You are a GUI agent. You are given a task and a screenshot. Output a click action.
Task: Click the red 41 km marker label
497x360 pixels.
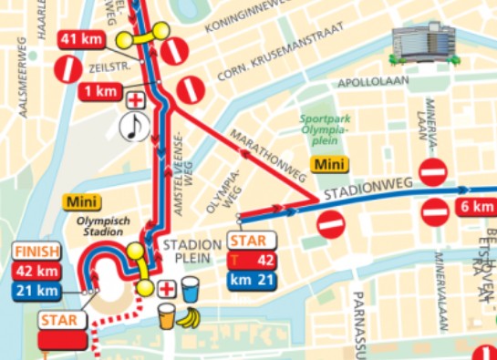point(81,39)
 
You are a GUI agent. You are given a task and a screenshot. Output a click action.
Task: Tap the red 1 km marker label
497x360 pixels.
point(97,91)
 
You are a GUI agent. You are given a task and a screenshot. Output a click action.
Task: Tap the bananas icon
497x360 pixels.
point(188,318)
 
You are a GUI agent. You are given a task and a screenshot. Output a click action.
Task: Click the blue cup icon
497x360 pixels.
point(190,290)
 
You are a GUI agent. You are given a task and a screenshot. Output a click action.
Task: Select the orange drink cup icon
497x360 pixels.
point(166,316)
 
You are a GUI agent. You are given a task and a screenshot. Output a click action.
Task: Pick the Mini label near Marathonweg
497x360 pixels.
point(327,164)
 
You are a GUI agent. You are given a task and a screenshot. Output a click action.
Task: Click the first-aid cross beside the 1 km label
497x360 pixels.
point(136,99)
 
